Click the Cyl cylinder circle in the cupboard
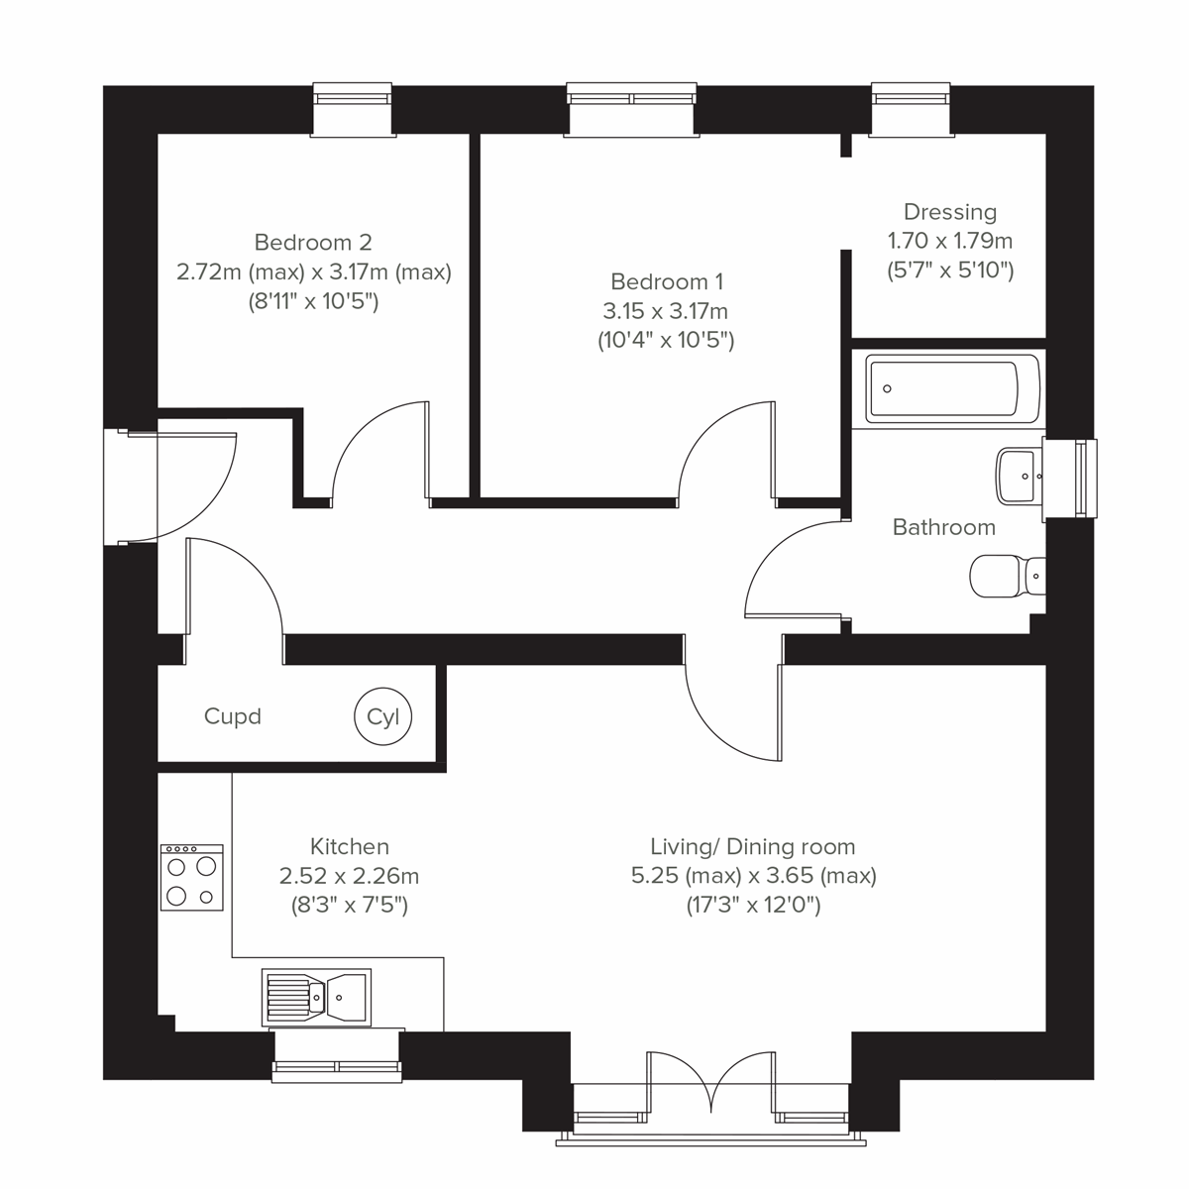(382, 716)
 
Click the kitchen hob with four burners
(191, 877)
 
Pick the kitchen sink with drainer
(316, 995)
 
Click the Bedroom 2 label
(313, 242)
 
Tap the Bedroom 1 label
(665, 281)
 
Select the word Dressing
(949, 212)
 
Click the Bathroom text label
(943, 527)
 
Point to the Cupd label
(232, 716)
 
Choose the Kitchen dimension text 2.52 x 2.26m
(349, 876)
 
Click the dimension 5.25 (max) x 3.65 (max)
(753, 876)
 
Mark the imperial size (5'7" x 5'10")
(949, 270)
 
